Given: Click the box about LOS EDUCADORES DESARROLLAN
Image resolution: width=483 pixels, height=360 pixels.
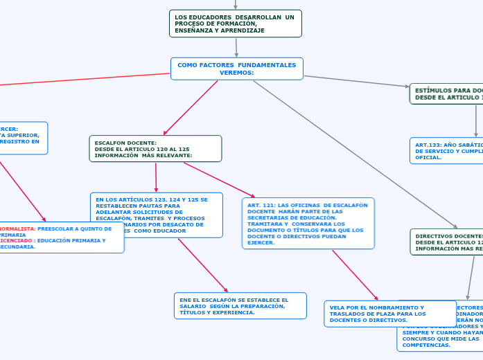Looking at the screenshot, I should pyautogui.click(x=235, y=24).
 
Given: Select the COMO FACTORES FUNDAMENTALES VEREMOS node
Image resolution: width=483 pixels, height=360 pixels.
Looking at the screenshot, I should pyautogui.click(x=236, y=69).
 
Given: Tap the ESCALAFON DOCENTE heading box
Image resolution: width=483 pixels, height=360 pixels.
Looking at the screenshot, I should pyautogui.click(x=155, y=148).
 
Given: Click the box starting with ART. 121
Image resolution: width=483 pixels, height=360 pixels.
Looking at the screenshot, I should pyautogui.click(x=308, y=224).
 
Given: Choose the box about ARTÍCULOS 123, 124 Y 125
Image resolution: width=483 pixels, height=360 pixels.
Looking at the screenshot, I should pyautogui.click(x=157, y=215).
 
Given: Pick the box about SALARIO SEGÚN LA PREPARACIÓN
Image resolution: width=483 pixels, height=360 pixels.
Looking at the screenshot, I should pyautogui.click(x=240, y=305).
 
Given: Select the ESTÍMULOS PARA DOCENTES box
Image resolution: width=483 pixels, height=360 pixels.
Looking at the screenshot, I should pyautogui.click(x=447, y=94).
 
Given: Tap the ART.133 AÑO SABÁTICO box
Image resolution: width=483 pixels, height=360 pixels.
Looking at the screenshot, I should pyautogui.click(x=447, y=150).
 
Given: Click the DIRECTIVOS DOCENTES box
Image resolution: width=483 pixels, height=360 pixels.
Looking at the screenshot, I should pyautogui.click(x=447, y=242).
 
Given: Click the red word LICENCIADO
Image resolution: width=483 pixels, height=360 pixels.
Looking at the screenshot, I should pyautogui.click(x=15, y=241).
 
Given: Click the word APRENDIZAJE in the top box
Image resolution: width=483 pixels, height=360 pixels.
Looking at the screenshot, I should pyautogui.click(x=242, y=30).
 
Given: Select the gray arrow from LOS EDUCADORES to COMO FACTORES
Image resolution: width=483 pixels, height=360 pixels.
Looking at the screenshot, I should pyautogui.click(x=236, y=47).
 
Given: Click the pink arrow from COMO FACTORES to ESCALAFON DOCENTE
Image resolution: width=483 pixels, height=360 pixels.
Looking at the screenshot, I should pyautogui.click(x=191, y=108).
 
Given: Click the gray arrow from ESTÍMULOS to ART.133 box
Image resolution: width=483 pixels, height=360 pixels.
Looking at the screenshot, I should pyautogui.click(x=476, y=121).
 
